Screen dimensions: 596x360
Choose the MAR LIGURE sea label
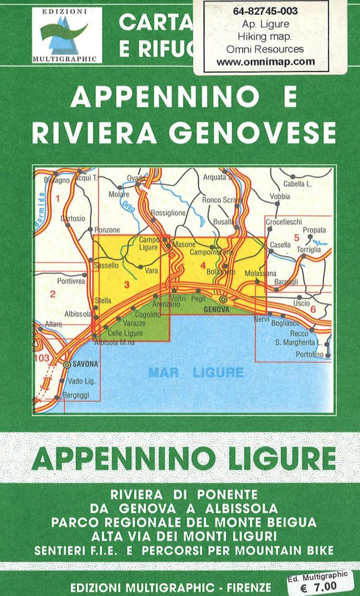[x=195, y=372]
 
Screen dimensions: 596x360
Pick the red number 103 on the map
[x=41, y=358]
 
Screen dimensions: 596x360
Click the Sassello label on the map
[x=106, y=265]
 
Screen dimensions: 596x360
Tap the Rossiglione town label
[x=168, y=213]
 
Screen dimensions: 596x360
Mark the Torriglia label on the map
[x=309, y=249]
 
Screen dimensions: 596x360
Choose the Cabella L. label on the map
[x=297, y=183]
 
